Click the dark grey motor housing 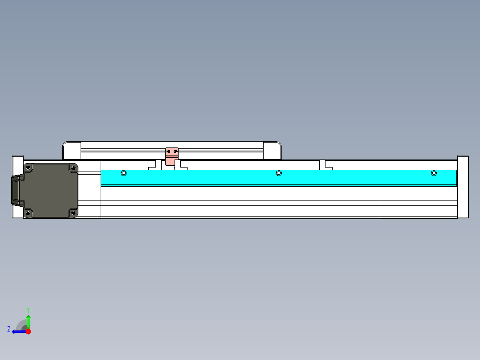(50, 191)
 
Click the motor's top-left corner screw (28, 168)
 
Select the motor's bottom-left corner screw (28, 213)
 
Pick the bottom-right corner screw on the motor (73, 213)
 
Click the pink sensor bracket (172, 156)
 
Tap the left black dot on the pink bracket (168, 152)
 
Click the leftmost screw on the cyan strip (124, 173)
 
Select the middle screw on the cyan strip (279, 173)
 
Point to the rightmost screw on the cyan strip (434, 173)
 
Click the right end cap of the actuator (463, 187)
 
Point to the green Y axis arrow (28, 321)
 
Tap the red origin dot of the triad (28, 331)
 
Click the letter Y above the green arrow (28, 310)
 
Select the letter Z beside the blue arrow (9, 329)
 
